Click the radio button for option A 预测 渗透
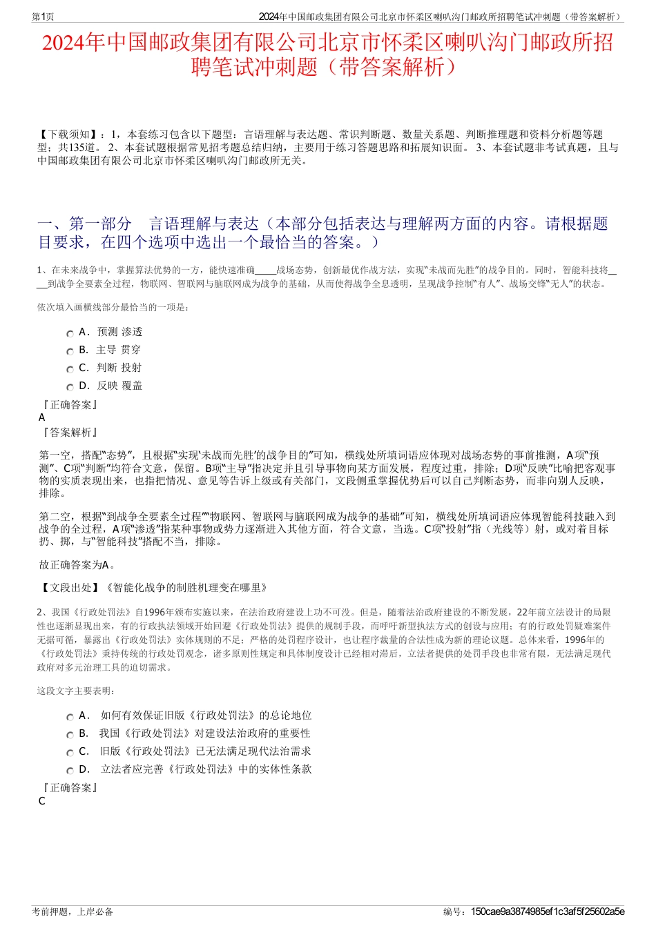[x=70, y=333]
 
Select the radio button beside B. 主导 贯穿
[x=70, y=351]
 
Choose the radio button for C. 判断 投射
[x=70, y=369]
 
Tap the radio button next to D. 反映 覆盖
[x=70, y=387]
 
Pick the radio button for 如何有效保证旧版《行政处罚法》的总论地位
[x=70, y=717]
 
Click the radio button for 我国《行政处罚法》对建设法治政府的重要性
[x=70, y=735]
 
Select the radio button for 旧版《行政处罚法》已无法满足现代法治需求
[x=70, y=753]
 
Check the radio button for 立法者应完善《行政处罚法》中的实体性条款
[x=70, y=771]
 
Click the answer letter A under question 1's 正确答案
[x=42, y=417]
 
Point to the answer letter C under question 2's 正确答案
[x=42, y=801]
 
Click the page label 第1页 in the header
[x=44, y=17]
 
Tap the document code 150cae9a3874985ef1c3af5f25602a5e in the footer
[x=547, y=911]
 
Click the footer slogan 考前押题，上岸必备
[x=73, y=911]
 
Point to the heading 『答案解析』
[x=70, y=433]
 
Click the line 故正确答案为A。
[x=77, y=565]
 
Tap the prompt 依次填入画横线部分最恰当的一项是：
[x=113, y=307]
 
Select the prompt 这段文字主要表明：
[x=77, y=691]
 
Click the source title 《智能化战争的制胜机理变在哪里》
[x=186, y=588]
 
